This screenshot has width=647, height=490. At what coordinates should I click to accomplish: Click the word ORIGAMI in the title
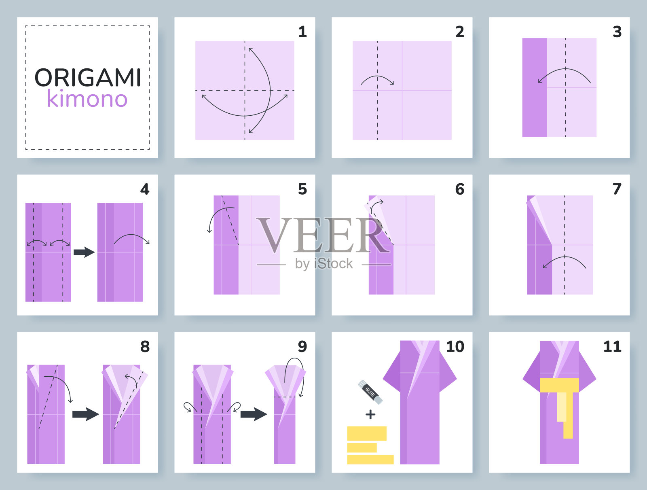(x=88, y=78)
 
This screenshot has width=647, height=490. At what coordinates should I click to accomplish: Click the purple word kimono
(x=87, y=98)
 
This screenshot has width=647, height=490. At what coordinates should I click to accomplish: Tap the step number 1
(x=302, y=32)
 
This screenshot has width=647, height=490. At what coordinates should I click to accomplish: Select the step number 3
(x=617, y=32)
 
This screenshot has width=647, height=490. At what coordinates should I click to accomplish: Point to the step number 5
(x=302, y=189)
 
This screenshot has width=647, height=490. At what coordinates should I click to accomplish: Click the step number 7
(x=617, y=189)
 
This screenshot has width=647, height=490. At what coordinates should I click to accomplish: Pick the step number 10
(x=455, y=346)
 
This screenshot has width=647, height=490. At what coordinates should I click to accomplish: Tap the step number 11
(x=612, y=346)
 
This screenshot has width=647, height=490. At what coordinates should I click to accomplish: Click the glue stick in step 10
(x=370, y=392)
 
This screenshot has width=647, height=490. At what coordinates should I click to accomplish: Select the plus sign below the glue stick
(x=370, y=414)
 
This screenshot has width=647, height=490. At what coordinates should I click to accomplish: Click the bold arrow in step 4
(x=84, y=252)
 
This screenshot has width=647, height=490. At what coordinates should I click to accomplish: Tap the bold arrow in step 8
(x=85, y=414)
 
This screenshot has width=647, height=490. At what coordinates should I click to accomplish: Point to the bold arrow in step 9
(x=254, y=414)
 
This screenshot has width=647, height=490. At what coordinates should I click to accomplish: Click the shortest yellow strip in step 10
(x=362, y=448)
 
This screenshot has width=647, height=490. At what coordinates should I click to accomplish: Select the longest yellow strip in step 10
(x=370, y=459)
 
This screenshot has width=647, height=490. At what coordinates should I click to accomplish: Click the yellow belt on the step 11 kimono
(x=560, y=385)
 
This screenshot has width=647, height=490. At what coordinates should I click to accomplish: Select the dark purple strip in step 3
(x=535, y=87)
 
